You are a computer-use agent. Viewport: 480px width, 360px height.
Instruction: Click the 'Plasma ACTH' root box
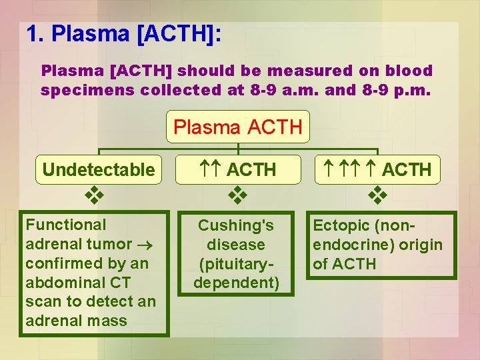coord(238,127)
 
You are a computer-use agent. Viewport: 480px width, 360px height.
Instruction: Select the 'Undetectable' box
coord(98,170)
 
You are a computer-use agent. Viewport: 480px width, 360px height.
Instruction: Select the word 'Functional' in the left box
coord(65,225)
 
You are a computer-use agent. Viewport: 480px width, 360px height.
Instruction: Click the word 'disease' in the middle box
coord(236,245)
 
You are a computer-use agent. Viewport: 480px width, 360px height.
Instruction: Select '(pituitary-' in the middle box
coord(236,263)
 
